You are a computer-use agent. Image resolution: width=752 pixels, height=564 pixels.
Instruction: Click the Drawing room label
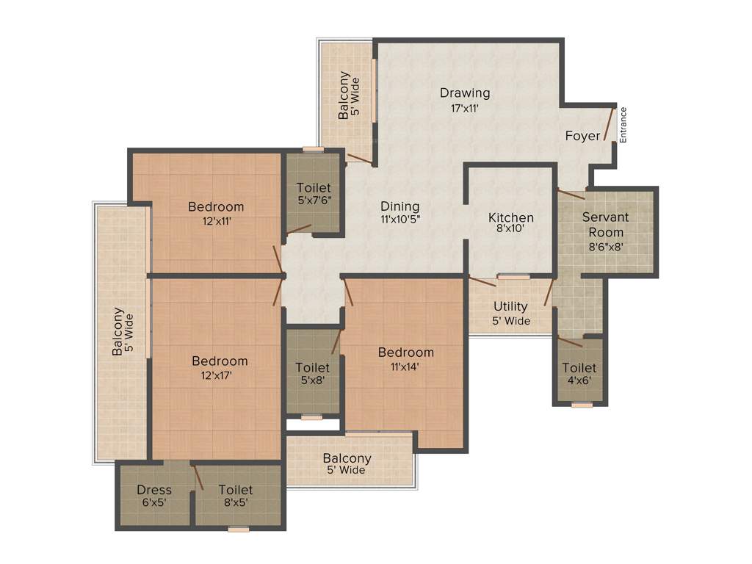(x=465, y=93)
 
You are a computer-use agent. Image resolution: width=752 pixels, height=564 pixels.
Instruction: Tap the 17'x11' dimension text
(x=465, y=108)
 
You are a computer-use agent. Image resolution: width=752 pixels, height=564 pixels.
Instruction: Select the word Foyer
(x=582, y=136)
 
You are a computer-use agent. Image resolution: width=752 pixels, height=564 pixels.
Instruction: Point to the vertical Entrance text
(x=623, y=124)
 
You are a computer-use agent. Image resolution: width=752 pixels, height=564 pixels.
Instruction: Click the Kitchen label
(x=511, y=217)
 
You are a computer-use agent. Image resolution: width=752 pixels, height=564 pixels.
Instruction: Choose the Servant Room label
(x=605, y=225)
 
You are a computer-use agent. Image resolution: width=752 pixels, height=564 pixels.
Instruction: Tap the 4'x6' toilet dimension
(x=579, y=380)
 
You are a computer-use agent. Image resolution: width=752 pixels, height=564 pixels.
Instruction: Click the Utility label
(x=510, y=306)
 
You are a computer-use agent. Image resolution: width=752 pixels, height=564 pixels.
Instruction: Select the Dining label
(x=399, y=206)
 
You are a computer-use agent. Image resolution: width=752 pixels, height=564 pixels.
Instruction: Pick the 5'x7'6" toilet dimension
(x=314, y=200)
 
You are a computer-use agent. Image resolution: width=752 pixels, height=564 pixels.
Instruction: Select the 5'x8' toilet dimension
(x=312, y=380)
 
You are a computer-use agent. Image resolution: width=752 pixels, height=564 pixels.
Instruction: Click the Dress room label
(x=154, y=490)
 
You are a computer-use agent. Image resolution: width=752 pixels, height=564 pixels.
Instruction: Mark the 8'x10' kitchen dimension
(x=511, y=230)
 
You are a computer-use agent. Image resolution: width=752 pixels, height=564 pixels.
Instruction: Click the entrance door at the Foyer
(x=608, y=123)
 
